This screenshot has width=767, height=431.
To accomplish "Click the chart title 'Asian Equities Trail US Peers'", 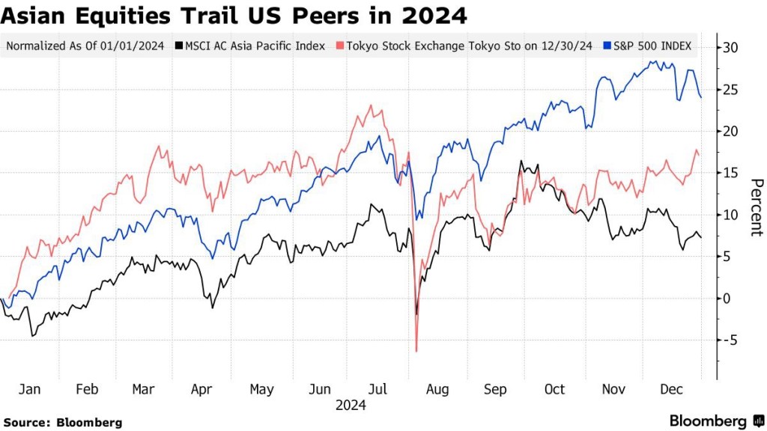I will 234,14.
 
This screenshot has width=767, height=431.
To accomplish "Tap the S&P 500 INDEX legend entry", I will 649,46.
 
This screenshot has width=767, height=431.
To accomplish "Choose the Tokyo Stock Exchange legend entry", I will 464,46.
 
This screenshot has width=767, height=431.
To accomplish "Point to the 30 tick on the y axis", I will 731,48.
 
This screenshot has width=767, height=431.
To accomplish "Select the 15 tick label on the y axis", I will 731,173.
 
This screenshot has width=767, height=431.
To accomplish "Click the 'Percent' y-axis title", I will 756,207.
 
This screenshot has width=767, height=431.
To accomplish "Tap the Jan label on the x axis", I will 29,390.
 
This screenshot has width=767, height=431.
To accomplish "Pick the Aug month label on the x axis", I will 437,390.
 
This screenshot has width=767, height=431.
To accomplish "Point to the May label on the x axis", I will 261,390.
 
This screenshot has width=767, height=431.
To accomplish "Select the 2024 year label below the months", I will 351,406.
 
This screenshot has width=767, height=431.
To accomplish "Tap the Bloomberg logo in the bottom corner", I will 715,421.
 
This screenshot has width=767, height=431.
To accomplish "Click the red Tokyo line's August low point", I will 416,350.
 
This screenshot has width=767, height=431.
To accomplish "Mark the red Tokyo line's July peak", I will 372,106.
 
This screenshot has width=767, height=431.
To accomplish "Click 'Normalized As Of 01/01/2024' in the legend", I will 85,46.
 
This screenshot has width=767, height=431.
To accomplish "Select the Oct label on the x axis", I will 554,390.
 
